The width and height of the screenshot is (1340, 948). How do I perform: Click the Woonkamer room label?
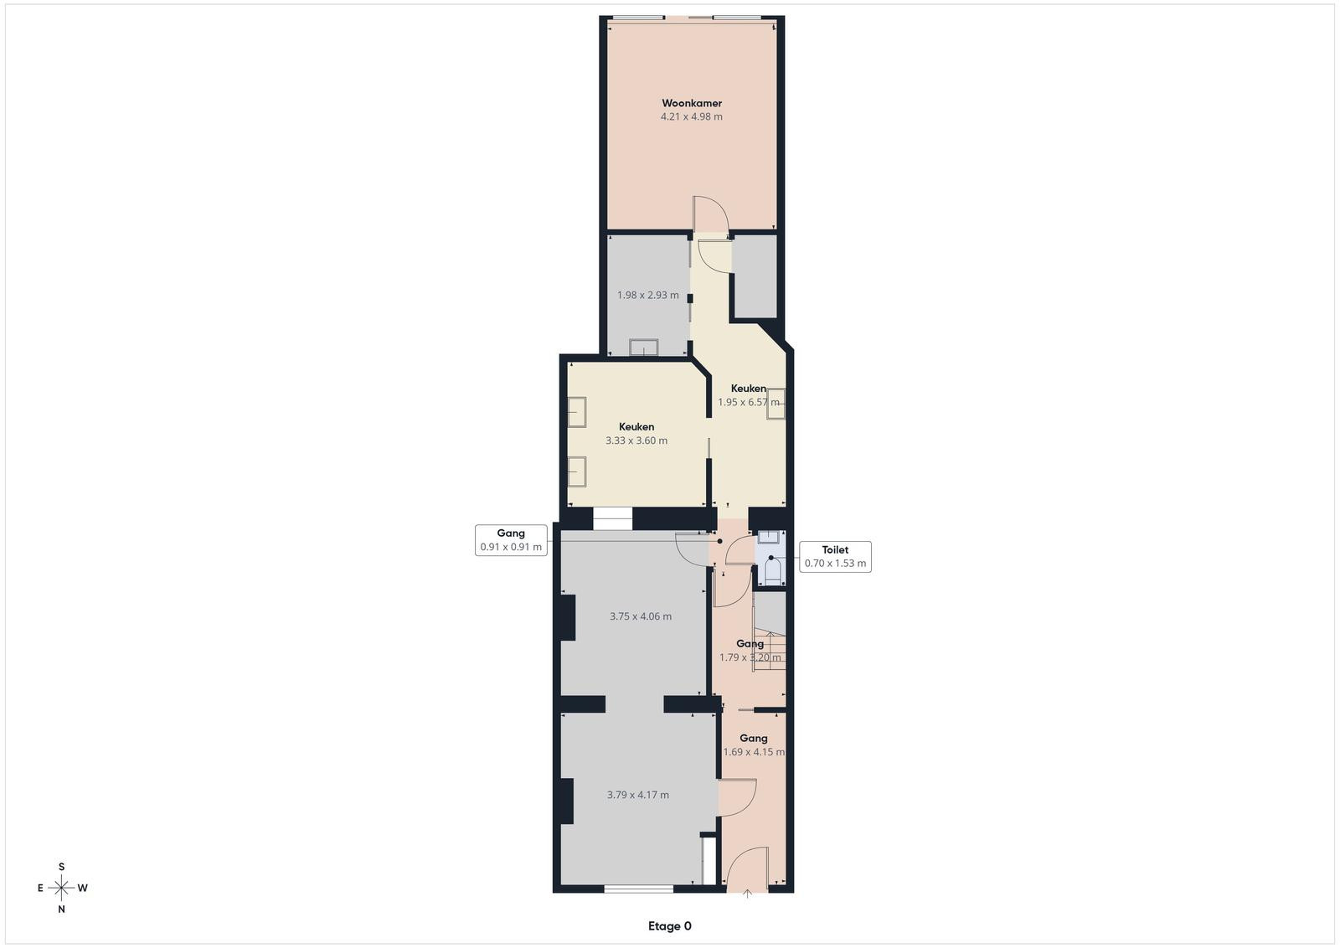(x=692, y=103)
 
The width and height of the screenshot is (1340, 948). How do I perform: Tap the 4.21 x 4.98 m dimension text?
(x=692, y=116)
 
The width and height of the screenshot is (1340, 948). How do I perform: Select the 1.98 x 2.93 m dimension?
(x=648, y=295)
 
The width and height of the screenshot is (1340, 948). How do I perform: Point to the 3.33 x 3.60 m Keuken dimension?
(x=636, y=441)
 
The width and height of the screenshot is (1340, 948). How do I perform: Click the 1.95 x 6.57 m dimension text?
(x=749, y=402)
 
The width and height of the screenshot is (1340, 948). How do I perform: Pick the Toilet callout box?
(x=835, y=557)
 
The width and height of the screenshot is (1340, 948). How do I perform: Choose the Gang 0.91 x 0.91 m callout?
(x=511, y=540)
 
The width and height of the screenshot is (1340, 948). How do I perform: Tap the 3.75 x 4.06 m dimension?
(x=641, y=616)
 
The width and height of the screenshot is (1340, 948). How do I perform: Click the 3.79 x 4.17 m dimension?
(x=637, y=795)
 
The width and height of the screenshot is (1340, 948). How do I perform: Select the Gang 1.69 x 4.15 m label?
(x=754, y=745)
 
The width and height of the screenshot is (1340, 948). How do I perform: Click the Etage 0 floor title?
(x=670, y=926)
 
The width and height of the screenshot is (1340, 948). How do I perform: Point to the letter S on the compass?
(x=61, y=867)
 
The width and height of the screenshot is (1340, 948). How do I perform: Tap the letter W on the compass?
(x=83, y=889)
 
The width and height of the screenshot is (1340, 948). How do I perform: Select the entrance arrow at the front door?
(x=747, y=894)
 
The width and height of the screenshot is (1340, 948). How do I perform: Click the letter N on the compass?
(x=61, y=909)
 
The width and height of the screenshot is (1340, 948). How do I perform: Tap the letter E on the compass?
(x=41, y=889)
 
